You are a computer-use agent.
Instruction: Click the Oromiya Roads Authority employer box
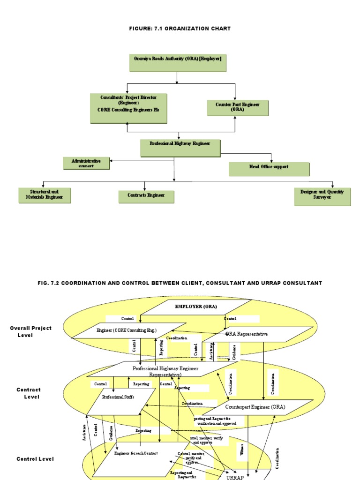[177, 63]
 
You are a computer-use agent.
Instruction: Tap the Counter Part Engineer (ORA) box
[238, 108]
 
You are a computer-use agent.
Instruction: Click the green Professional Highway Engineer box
[180, 147]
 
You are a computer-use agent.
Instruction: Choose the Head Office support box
[269, 169]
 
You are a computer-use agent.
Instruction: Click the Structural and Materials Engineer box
[45, 195]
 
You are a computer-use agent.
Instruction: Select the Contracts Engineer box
[146, 197]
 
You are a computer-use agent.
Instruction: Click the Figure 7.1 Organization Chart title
[180, 29]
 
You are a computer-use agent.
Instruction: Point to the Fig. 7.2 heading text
[180, 283]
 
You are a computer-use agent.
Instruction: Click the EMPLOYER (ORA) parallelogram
[196, 307]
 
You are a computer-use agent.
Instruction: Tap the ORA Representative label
[247, 334]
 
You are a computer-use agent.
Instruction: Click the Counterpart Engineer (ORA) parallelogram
[255, 407]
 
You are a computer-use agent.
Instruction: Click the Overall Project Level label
[30, 331]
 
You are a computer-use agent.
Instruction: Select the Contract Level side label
[29, 393]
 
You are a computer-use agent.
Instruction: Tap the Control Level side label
[35, 459]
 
